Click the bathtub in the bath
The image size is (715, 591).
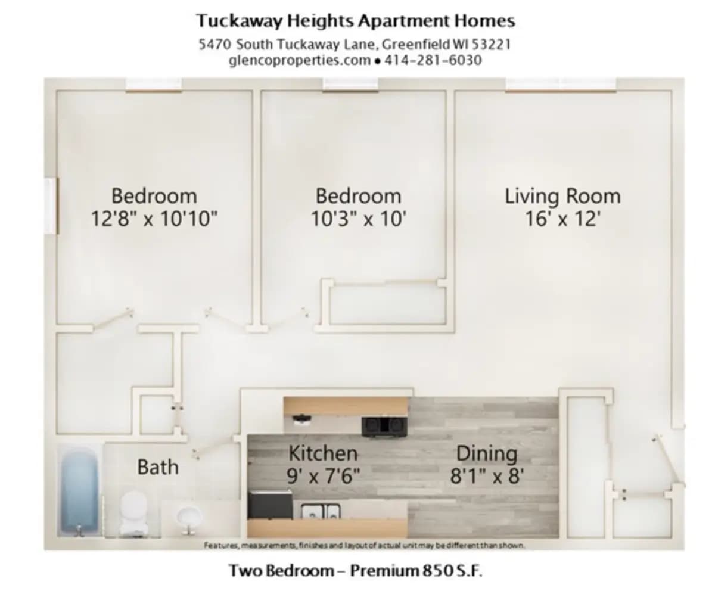point(79,490)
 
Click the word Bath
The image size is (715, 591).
point(157,466)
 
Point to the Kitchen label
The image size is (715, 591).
point(323,453)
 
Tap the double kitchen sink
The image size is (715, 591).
point(321,512)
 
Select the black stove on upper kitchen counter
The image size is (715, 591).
point(384,425)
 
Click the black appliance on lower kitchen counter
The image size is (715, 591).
point(270,505)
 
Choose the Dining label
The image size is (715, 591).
point(487,453)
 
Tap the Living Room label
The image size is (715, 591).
point(562,196)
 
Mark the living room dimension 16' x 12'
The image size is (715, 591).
point(562,219)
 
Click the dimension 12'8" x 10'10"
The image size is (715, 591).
point(154,219)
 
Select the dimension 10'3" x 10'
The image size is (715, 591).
point(358,219)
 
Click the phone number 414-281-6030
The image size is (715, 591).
point(433,60)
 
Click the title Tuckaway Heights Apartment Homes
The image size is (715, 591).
point(356,21)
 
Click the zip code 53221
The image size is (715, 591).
point(491,45)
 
